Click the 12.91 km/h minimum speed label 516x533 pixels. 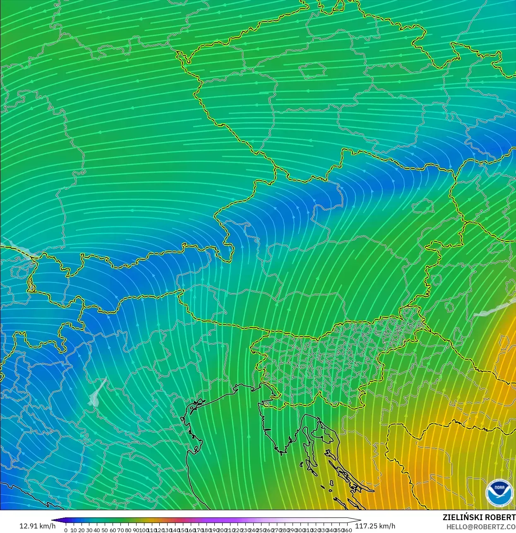(x=37, y=526)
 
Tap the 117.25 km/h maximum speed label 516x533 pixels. (x=375, y=526)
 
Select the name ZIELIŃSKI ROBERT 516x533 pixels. (x=479, y=517)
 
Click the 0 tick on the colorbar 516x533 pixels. (x=66, y=530)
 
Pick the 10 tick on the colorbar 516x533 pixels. (x=73, y=530)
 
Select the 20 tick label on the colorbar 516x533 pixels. (x=81, y=530)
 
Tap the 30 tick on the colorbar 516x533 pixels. (x=89, y=530)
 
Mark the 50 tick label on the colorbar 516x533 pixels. (x=105, y=530)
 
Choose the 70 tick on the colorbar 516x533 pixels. (x=120, y=530)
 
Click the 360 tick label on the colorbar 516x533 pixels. (x=348, y=530)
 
